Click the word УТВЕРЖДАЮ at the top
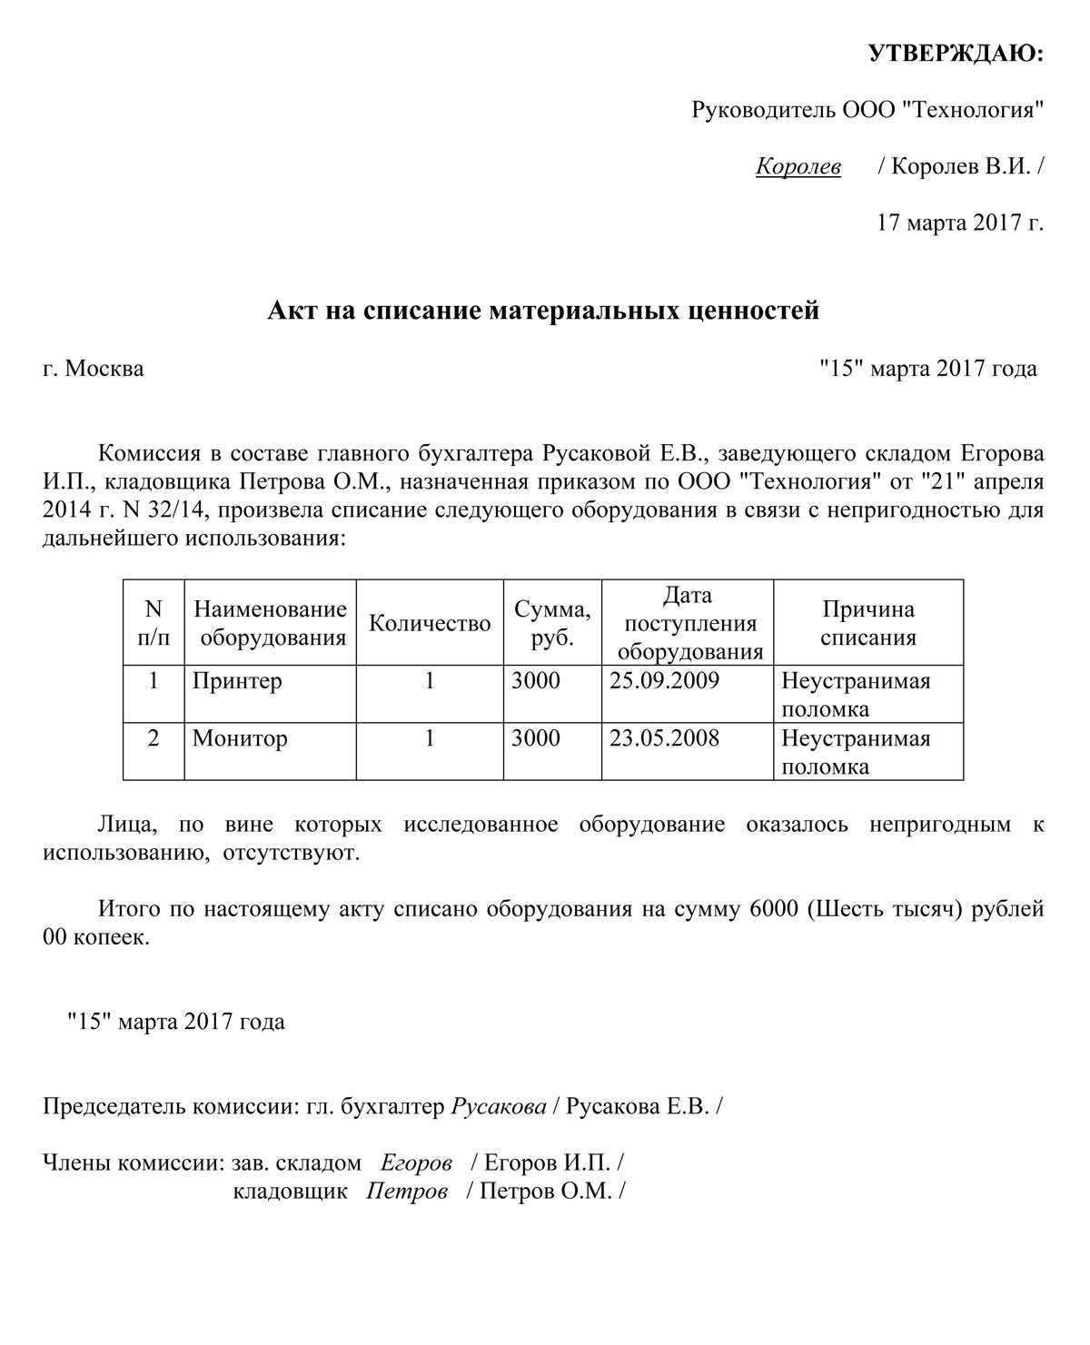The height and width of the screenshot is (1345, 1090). [956, 54]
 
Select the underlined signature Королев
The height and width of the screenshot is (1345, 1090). [798, 167]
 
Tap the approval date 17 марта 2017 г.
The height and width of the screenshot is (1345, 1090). [960, 222]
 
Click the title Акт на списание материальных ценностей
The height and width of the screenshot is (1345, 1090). [543, 312]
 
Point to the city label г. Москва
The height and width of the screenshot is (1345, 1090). [93, 370]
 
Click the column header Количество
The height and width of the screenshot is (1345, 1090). [430, 623]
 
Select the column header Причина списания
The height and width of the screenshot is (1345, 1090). [867, 623]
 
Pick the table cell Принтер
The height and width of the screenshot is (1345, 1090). [237, 681]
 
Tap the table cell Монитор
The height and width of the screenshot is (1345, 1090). [240, 738]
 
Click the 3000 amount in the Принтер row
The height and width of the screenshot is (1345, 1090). [536, 681]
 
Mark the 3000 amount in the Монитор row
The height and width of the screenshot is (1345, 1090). [536, 738]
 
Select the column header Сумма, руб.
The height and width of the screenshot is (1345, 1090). [552, 623]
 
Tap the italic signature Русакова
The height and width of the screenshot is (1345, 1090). [499, 1107]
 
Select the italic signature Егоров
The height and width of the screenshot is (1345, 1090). [416, 1162]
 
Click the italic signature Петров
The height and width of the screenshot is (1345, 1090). [407, 1192]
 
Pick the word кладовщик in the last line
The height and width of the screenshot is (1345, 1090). [291, 1192]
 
